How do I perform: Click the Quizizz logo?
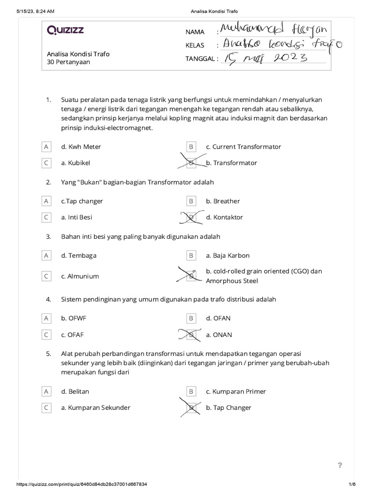click(65, 31)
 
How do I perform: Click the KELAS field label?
click(195, 46)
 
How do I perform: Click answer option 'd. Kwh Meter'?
click(81, 147)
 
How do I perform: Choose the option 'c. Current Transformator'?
click(243, 147)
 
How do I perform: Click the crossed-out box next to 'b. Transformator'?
click(191, 163)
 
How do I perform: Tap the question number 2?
click(48, 182)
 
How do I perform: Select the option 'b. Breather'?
click(223, 201)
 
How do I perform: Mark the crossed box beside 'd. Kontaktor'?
click(191, 217)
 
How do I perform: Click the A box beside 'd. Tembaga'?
click(46, 255)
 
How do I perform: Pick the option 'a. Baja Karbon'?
click(228, 255)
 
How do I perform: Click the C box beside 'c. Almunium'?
click(46, 276)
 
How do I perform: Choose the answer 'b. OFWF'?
click(74, 318)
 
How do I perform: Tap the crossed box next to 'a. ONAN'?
click(191, 335)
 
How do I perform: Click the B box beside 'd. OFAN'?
click(191, 318)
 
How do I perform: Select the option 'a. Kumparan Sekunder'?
click(95, 408)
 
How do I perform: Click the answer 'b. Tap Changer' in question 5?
click(229, 408)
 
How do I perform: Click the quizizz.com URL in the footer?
click(82, 484)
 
